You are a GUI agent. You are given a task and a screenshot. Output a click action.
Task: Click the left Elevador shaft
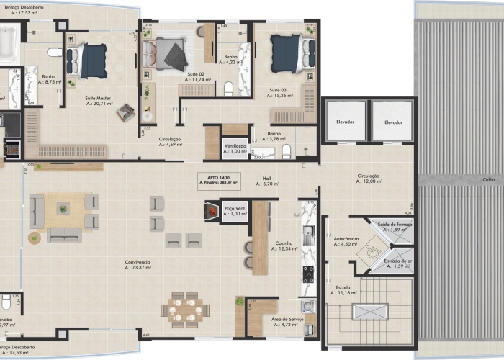click(x=345, y=122)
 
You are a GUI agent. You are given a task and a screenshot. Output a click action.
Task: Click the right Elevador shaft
click(x=392, y=122)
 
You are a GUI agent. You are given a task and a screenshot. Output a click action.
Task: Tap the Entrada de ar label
click(x=398, y=262)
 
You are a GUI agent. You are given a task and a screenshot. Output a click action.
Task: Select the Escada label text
click(x=343, y=287)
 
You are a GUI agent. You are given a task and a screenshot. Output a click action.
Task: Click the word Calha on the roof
click(x=488, y=180)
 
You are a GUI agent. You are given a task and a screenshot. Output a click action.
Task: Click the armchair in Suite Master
click(x=126, y=112)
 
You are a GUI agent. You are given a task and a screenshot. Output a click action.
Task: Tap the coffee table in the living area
click(x=63, y=210)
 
